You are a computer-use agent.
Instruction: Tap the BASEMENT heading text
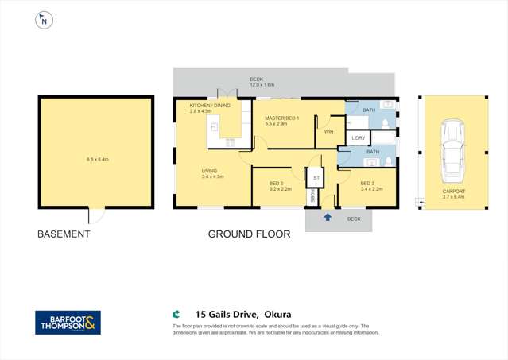(x=64, y=234)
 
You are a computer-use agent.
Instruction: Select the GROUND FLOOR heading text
(x=247, y=234)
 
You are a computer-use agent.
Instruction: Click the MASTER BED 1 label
(x=282, y=118)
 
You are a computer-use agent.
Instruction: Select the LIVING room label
(x=210, y=171)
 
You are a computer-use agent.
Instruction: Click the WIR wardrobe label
(x=328, y=132)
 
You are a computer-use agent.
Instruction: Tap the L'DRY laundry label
(x=359, y=138)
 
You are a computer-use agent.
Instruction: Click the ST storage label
(x=316, y=178)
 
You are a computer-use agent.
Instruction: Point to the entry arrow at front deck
(x=327, y=216)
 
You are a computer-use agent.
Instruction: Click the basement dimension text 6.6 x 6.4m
(x=97, y=160)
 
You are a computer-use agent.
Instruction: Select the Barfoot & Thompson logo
(x=68, y=323)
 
